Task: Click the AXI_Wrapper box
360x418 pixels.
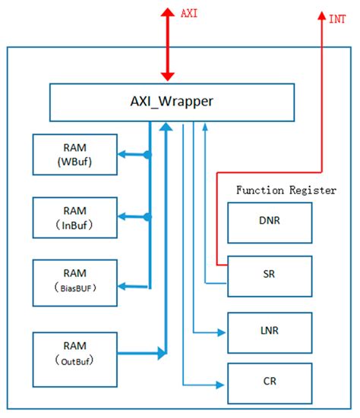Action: click(x=171, y=102)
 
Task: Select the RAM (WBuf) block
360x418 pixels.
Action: click(x=74, y=154)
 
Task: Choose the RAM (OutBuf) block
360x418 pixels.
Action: click(x=74, y=353)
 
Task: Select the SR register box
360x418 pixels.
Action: click(x=270, y=276)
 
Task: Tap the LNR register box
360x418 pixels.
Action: click(x=270, y=332)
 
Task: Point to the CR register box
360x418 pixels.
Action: click(x=270, y=383)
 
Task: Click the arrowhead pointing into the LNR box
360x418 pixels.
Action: click(x=222, y=332)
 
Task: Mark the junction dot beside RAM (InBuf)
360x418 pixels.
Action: click(x=148, y=217)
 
